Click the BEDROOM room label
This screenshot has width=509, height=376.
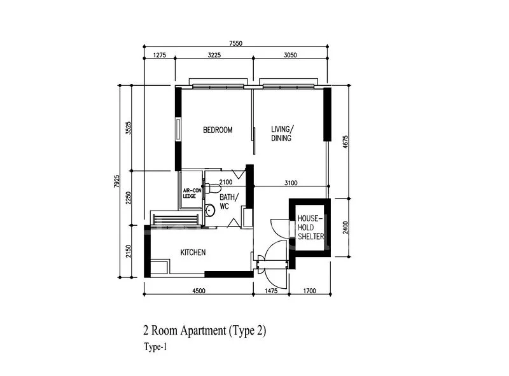coord(218,130)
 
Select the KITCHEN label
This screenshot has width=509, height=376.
coord(193,253)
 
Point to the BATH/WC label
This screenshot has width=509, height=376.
coord(228,202)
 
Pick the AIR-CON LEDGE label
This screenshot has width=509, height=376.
coord(191,193)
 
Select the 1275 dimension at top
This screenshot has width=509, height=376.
coord(159,56)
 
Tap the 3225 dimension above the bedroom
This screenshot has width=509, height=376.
coord(214,56)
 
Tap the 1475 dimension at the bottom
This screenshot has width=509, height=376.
coord(270,291)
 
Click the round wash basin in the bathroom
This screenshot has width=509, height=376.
coord(210,210)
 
